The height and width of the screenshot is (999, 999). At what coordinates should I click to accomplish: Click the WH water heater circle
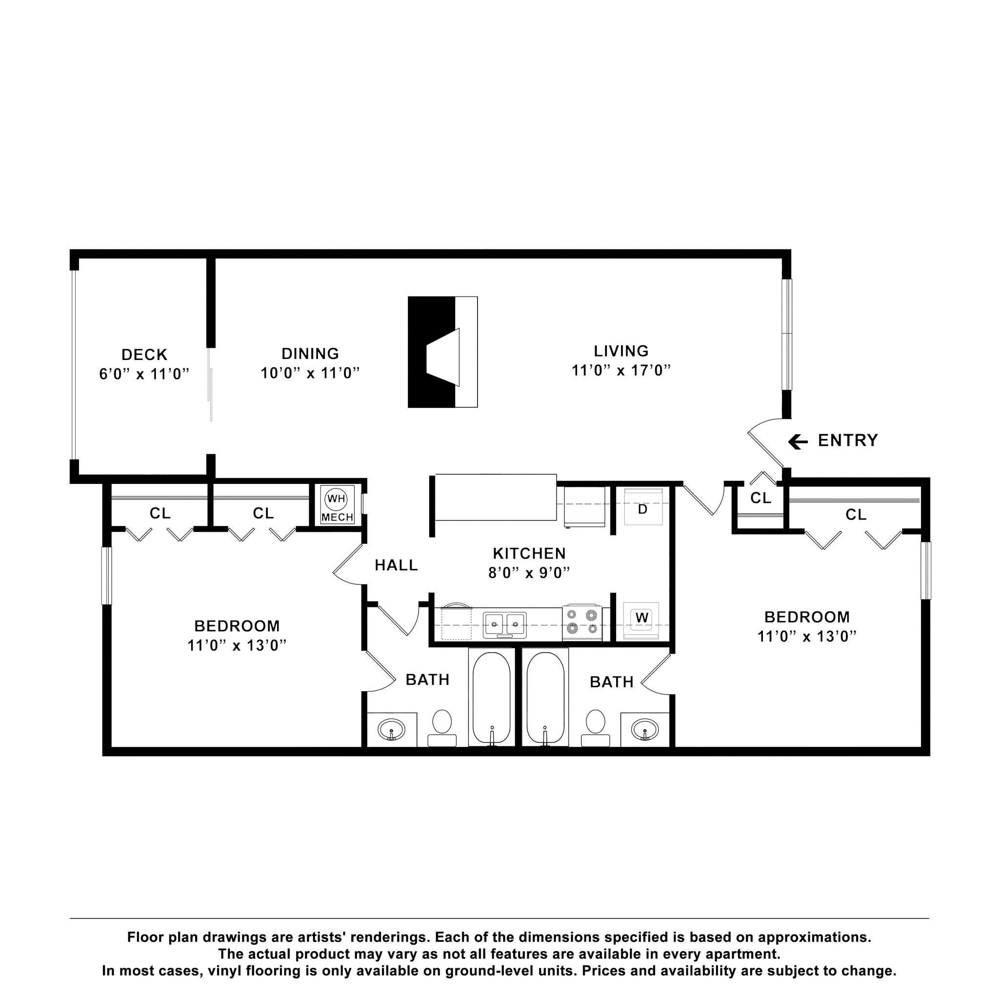point(336,499)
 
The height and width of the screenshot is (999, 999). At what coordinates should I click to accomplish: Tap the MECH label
point(337,518)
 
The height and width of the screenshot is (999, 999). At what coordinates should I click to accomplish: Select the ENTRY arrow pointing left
point(798,441)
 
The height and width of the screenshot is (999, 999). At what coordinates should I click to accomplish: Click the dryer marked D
point(643,508)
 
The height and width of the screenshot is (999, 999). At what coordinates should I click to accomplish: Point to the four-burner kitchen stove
point(582,622)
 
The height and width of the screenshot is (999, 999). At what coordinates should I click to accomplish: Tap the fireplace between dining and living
point(442,352)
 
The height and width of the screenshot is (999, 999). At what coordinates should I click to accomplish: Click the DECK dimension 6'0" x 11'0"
point(144,373)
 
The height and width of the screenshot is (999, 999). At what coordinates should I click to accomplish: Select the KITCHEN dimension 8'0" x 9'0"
point(529,572)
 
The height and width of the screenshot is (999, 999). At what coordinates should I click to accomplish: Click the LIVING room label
point(621,351)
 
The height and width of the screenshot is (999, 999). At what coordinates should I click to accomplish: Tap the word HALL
point(396,565)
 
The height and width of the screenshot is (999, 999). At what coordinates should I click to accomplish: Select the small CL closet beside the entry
point(760,498)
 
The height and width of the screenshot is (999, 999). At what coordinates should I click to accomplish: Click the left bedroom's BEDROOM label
point(237,626)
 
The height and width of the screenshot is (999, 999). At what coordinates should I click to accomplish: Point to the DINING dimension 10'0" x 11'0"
point(310,372)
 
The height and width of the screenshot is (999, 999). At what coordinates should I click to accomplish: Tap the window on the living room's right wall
point(786,334)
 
